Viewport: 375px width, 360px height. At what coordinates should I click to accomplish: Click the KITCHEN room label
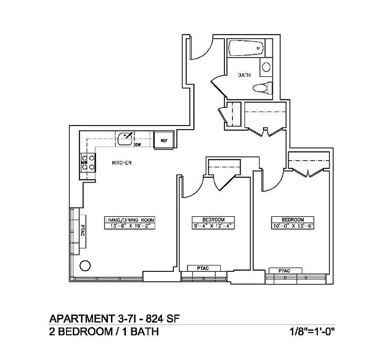tap(121, 162)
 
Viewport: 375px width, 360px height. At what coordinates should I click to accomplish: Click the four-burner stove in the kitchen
tap(88, 162)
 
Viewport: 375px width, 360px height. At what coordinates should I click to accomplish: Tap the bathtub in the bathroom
tap(246, 48)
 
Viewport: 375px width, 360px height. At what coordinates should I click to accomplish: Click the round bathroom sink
tap(266, 67)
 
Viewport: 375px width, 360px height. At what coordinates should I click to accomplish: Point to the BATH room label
tap(244, 76)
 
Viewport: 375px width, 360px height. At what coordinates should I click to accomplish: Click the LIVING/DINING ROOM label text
tap(129, 220)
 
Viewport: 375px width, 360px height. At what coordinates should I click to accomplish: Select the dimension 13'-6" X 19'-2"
tap(129, 226)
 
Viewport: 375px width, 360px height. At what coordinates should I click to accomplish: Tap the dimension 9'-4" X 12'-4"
tap(214, 226)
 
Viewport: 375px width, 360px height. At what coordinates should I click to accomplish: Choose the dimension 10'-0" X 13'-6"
tap(293, 226)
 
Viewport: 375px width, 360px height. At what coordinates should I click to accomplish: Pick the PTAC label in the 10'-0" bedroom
tap(285, 270)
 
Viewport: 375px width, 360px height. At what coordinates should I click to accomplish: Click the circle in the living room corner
tap(85, 265)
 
